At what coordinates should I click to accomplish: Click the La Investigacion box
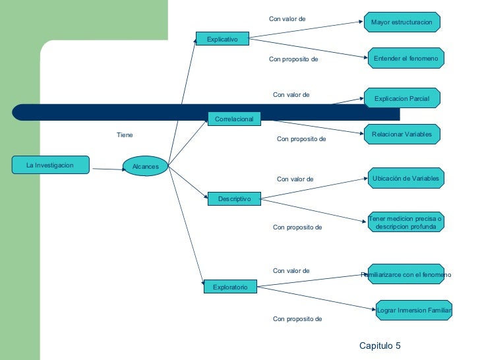point(50,165)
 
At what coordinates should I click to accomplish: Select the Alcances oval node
point(146,166)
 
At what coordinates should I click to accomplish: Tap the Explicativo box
point(222,40)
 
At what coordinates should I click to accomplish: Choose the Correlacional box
point(234,119)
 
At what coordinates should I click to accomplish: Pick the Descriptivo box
point(234,198)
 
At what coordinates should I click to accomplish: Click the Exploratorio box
point(229,287)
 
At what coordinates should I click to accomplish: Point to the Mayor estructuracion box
point(402,22)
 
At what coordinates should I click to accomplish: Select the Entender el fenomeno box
point(405,59)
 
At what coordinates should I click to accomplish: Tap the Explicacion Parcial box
point(402,98)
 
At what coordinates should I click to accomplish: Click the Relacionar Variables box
point(402,134)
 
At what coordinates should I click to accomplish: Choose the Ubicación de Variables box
point(405,178)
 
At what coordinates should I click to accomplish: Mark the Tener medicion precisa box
point(405,222)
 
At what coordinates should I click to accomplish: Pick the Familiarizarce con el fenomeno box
point(405,274)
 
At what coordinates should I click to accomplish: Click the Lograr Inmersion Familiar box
point(413,310)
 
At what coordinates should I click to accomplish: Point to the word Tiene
point(125,135)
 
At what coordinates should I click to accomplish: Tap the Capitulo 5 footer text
point(380,345)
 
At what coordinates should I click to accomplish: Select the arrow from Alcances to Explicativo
point(183,102)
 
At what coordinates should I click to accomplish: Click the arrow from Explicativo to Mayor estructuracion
point(307,31)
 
